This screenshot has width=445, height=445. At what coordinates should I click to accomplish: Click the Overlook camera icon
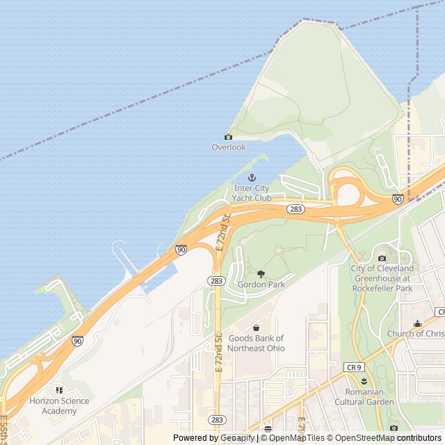(x=228, y=137)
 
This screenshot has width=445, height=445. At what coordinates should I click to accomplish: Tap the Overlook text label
(x=229, y=147)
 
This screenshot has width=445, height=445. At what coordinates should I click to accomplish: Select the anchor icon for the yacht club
(x=252, y=178)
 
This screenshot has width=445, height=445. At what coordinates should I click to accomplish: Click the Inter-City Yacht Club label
(x=252, y=193)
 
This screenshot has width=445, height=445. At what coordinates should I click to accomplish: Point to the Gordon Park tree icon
(x=261, y=274)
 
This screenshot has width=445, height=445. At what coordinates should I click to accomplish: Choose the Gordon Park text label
(x=261, y=284)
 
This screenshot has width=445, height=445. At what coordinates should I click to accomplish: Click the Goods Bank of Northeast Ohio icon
(x=256, y=327)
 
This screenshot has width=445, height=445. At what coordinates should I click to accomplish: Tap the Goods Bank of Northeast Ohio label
(x=256, y=343)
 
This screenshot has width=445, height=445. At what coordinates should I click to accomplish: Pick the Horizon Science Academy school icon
(x=59, y=390)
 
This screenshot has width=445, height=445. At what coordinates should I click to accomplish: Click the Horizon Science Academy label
(x=59, y=405)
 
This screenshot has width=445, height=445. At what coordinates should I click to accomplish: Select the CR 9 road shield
(x=354, y=366)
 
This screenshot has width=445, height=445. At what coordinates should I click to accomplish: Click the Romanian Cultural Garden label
(x=364, y=397)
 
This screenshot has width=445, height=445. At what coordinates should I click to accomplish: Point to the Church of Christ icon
(x=417, y=323)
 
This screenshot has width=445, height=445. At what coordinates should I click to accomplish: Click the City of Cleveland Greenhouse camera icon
(x=382, y=259)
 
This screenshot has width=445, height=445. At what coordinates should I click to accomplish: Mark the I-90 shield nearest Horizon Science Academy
(x=77, y=341)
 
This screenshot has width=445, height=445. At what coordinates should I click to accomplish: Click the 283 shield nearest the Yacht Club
(x=296, y=209)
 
